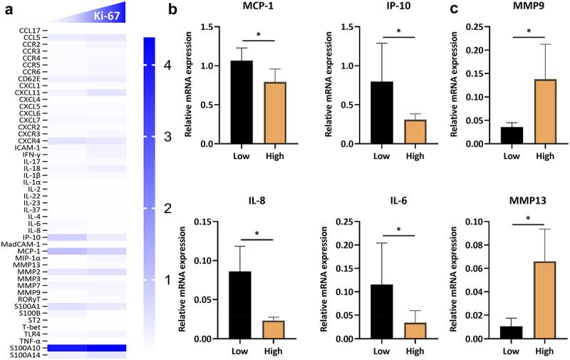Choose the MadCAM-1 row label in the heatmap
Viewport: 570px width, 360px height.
click(x=25, y=244)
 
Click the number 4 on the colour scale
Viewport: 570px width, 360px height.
click(x=167, y=66)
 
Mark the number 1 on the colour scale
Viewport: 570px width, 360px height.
click(x=167, y=280)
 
